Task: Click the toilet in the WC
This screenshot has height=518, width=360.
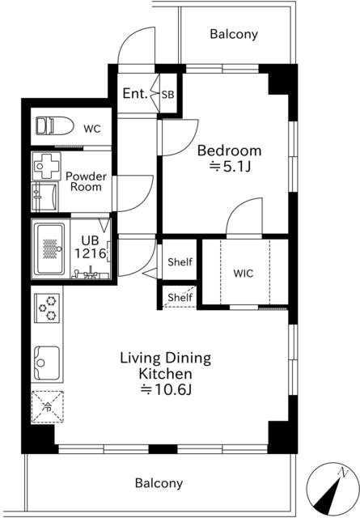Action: point(54,126)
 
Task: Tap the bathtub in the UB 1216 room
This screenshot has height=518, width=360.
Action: point(50,249)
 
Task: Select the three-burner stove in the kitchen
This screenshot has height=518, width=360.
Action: point(47,308)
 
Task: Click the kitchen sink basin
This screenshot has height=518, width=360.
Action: point(47,363)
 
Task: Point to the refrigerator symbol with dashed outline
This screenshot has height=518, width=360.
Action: point(48,407)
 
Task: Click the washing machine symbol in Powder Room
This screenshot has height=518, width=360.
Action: point(46,166)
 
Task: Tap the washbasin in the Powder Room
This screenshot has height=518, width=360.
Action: point(45,197)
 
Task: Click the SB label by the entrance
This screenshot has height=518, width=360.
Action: point(167,95)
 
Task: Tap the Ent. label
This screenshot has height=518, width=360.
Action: point(135,94)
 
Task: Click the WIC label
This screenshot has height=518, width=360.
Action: point(244,274)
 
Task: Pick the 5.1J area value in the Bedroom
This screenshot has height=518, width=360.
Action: point(231,167)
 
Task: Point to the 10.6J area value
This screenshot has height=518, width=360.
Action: point(166,390)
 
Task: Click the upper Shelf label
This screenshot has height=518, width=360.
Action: point(180,262)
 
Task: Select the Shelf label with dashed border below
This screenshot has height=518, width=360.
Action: point(180,297)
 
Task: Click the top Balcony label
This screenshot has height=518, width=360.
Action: point(234,34)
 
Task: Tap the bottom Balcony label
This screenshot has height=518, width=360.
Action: point(159,483)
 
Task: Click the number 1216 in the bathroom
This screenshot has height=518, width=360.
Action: point(90,253)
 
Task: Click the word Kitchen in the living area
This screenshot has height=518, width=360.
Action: point(165,374)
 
